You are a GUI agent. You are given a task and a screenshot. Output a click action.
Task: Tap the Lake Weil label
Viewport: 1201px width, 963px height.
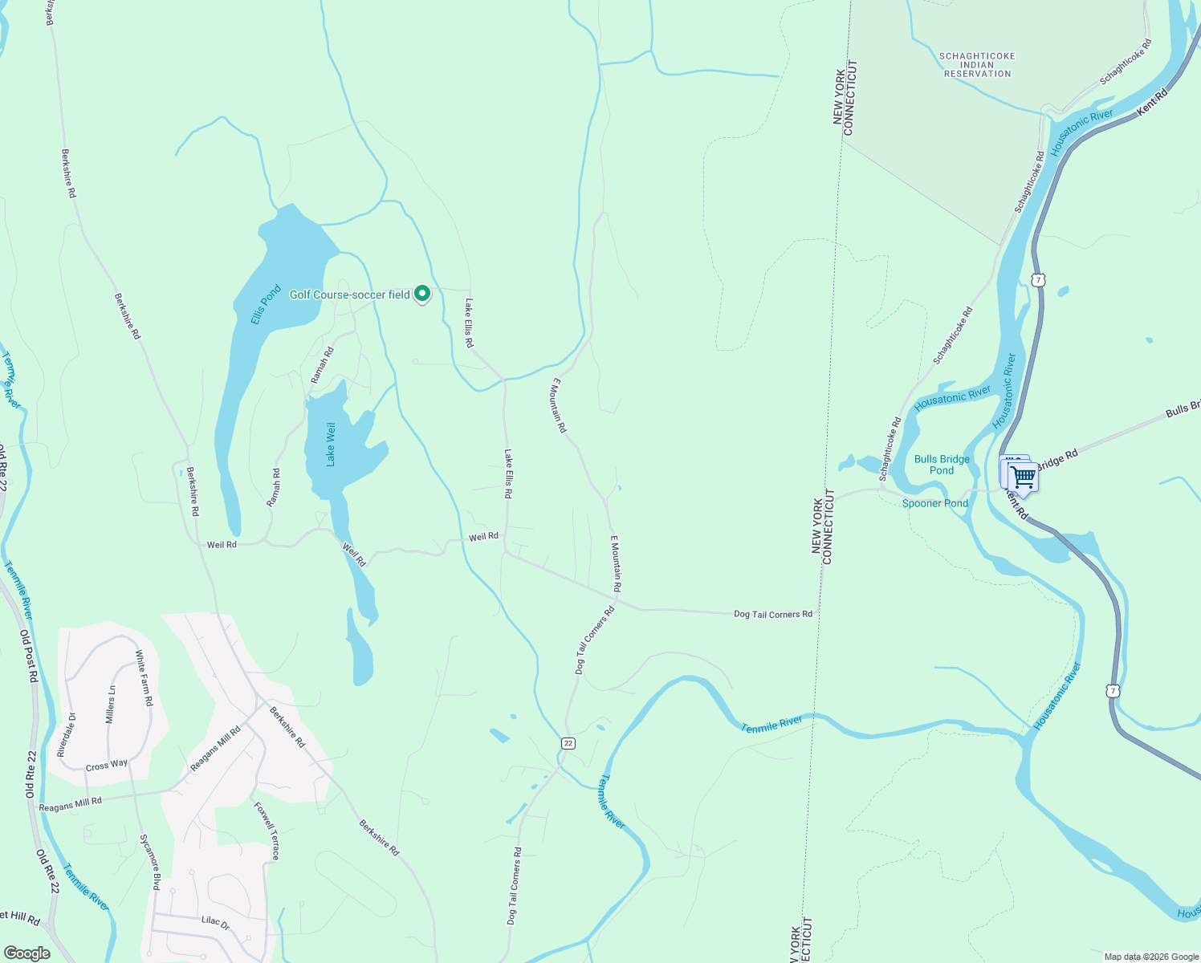pyautogui.click(x=330, y=445)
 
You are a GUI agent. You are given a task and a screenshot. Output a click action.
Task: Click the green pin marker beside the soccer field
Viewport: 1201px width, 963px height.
pyautogui.click(x=422, y=294)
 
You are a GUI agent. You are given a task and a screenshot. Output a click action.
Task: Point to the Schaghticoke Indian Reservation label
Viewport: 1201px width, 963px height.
pyautogui.click(x=977, y=65)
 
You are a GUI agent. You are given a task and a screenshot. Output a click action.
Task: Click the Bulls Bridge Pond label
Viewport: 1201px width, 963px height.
pyautogui.click(x=942, y=465)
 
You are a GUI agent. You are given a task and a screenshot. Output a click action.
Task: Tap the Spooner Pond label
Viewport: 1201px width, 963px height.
pyautogui.click(x=934, y=503)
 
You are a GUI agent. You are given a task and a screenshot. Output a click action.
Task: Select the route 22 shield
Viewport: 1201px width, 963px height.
pyautogui.click(x=568, y=743)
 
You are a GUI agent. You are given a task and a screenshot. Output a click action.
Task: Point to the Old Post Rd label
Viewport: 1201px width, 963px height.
pyautogui.click(x=29, y=655)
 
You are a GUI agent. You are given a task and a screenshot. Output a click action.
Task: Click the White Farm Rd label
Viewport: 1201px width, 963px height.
pyautogui.click(x=144, y=678)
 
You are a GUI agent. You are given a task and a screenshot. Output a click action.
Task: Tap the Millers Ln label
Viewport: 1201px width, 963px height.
pyautogui.click(x=111, y=705)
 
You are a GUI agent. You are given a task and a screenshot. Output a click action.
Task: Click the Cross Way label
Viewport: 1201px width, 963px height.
pyautogui.click(x=107, y=765)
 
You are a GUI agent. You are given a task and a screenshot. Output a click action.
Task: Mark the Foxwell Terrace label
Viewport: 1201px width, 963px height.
pyautogui.click(x=267, y=831)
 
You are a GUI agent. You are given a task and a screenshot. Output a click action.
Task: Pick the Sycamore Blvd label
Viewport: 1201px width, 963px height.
pyautogui.click(x=149, y=861)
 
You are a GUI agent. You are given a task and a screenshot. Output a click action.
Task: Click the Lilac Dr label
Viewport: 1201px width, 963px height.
pyautogui.click(x=215, y=923)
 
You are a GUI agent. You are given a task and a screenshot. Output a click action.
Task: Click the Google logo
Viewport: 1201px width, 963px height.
pyautogui.click(x=26, y=953)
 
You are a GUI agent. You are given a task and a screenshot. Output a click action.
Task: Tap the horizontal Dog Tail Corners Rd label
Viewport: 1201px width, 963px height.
pyautogui.click(x=772, y=614)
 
